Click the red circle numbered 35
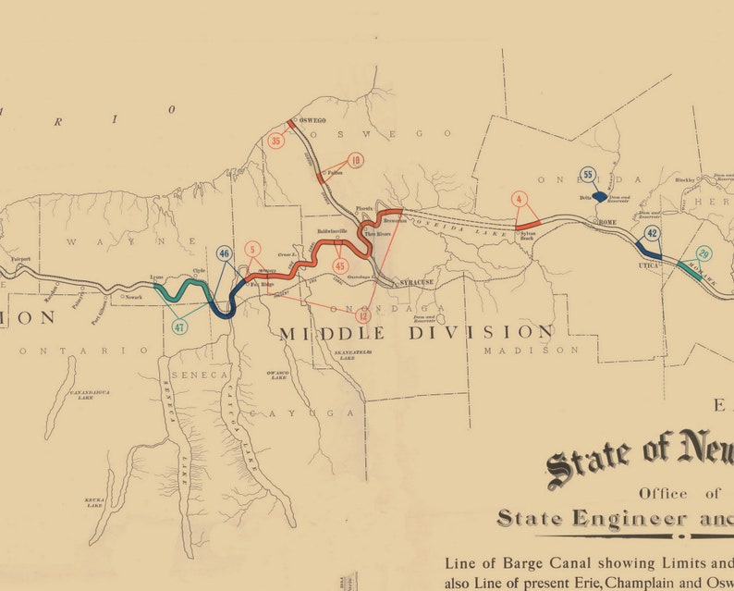[275, 142]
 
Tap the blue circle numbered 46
[224, 253]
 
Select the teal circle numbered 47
[178, 326]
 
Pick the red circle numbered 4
[520, 199]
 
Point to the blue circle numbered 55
[587, 174]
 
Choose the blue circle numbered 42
[653, 233]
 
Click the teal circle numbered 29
[704, 254]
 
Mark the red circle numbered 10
[356, 160]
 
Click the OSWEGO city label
[312, 120]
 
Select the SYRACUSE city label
[417, 282]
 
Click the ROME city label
[606, 223]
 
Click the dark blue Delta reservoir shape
[600, 197]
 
